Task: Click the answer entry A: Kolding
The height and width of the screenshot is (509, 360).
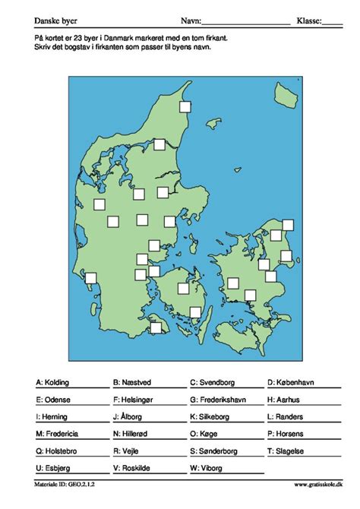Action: coord(55,382)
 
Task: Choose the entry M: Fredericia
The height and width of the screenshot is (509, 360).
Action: coord(57,434)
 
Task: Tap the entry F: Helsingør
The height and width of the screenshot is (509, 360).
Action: coord(137,400)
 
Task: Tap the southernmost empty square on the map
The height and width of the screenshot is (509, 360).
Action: coord(156,327)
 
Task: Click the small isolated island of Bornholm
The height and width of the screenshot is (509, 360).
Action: coord(286,96)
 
